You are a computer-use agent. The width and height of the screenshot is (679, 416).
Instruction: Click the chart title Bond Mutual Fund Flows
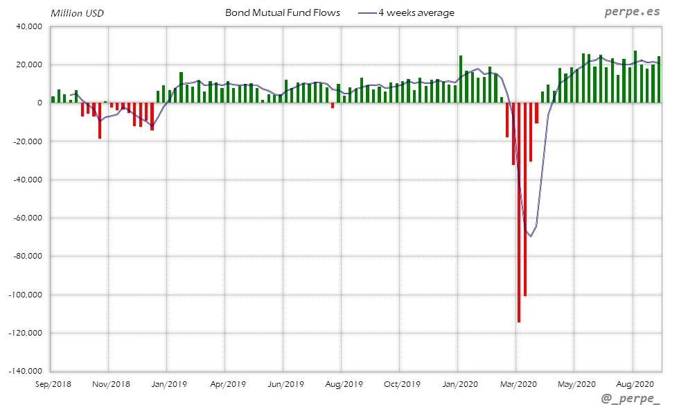pos(283,12)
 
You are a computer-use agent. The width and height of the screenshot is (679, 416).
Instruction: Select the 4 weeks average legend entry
pos(416,12)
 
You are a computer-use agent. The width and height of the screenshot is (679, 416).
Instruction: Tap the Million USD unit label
pos(78,12)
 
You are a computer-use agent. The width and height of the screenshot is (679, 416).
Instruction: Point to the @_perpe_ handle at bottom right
pos(630,399)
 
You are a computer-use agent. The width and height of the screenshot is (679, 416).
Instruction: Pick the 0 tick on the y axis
pos(40,103)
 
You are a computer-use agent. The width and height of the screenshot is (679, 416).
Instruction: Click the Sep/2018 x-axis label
pos(53,383)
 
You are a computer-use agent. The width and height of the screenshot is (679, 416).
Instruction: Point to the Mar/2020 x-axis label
pos(518,383)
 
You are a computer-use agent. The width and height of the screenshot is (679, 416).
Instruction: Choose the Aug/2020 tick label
pos(634,383)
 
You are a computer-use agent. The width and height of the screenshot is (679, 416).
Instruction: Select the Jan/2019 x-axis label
pos(169,383)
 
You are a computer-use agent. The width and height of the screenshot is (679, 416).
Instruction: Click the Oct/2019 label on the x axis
pos(401,383)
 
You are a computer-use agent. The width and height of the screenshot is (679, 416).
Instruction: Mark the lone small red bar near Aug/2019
pos(333,105)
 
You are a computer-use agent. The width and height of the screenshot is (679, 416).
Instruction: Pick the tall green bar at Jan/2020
pos(461,79)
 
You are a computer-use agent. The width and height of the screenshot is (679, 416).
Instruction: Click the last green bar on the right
pos(659,79)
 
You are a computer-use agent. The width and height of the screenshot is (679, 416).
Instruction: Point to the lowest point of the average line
pos(531,236)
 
